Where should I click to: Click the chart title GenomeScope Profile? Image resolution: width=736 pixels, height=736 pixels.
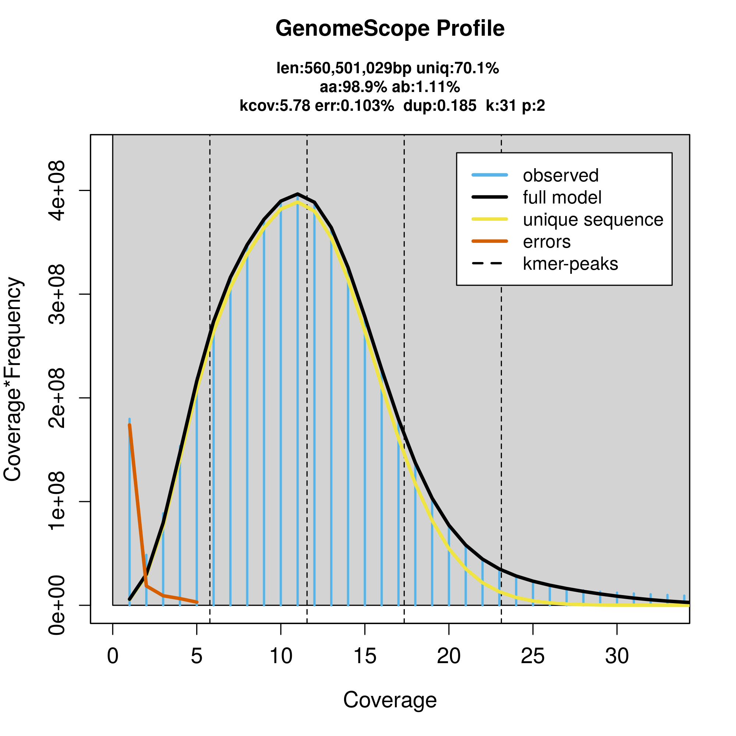390,29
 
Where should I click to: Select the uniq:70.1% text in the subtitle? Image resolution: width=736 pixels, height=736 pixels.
457,68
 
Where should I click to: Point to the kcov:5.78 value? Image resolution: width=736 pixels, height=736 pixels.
274,106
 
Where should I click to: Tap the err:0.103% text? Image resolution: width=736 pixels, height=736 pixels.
354,106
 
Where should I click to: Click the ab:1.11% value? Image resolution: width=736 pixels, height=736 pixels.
426,87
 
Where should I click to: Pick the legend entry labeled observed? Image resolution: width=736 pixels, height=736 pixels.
560,176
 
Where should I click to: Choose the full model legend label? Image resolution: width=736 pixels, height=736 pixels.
562,198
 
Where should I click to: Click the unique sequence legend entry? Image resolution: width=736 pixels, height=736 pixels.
593,220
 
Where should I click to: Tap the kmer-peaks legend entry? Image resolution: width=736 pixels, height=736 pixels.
570,264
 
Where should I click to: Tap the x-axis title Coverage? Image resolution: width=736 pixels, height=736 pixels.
390,700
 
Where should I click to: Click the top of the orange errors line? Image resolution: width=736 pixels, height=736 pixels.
130,425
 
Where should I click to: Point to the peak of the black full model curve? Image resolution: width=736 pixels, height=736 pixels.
297,194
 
